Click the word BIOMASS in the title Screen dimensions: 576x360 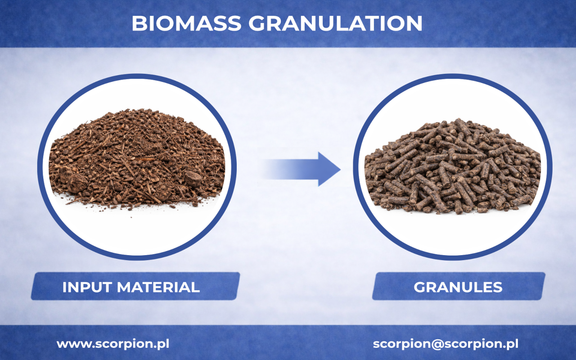(x=186, y=23)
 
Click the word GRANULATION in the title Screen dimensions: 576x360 (x=335, y=23)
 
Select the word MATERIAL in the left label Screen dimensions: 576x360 (x=158, y=287)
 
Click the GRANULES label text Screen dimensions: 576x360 (x=458, y=287)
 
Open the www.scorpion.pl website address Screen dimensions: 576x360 (x=113, y=344)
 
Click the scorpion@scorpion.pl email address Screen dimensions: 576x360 (x=445, y=344)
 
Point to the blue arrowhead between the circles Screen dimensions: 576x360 (x=329, y=169)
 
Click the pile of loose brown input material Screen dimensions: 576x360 (x=137, y=160)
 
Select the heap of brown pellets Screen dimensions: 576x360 (x=453, y=166)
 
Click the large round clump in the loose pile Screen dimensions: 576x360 (x=77, y=183)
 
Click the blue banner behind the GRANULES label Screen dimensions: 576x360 (x=459, y=286)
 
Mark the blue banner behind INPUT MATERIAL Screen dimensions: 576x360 (x=135, y=286)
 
